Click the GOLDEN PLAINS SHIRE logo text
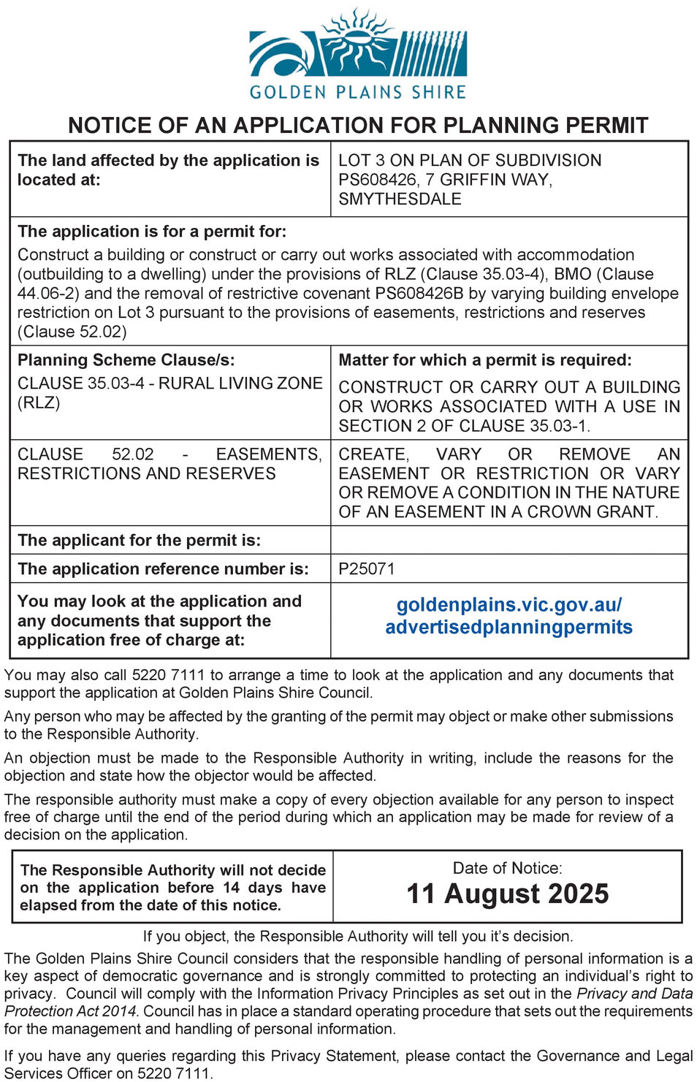pos(358,92)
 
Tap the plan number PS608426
pos(377,180)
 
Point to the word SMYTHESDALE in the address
pos(400,199)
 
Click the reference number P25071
pos(367,568)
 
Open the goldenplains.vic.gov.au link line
pos(509,605)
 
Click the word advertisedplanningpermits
pos(509,627)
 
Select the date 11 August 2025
pos(508,894)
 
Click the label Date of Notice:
pos(508,868)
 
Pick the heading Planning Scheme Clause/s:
pos(126,360)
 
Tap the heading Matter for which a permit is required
pos(485,360)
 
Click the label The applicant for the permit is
pos(140,540)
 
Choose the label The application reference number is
pos(163,568)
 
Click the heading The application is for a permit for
pos(152,232)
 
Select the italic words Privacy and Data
pos(634,994)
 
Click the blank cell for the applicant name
pos(509,540)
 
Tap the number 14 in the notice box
pos(232,888)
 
